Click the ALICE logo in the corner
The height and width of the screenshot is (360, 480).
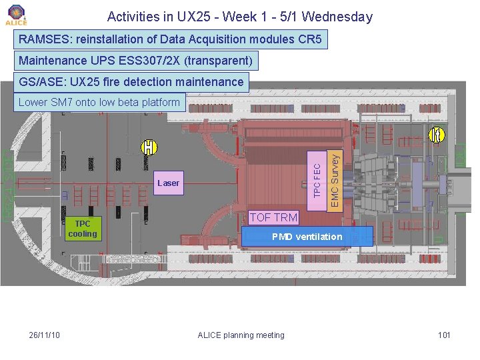15,15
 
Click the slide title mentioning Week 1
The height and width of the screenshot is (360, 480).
240,17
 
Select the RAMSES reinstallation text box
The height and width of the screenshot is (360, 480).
171,39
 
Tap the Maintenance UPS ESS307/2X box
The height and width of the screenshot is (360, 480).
136,61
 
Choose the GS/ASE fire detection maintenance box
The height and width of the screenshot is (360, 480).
131,82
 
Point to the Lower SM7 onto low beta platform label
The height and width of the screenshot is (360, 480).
99,102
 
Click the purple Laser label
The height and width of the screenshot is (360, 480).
168,183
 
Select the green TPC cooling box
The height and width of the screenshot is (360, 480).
82,229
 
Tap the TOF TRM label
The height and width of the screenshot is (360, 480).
273,217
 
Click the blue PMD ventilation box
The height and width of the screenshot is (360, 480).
307,237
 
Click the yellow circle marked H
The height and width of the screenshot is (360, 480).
149,146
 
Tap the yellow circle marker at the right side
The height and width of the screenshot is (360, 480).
437,134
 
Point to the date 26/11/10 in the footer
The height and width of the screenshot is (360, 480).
45,335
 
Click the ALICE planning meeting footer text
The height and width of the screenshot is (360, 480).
241,335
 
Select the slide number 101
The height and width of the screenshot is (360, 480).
444,335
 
